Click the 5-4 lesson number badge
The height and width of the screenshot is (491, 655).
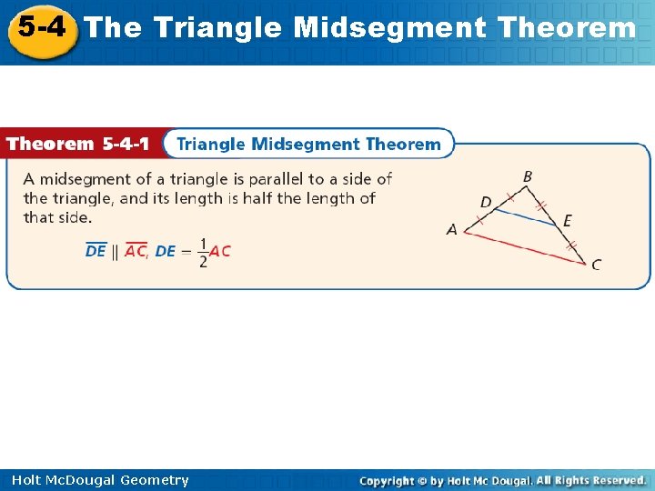41,28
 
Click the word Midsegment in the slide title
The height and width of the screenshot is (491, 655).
390,28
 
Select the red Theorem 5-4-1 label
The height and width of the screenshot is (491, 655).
78,144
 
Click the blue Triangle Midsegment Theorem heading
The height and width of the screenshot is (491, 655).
308,144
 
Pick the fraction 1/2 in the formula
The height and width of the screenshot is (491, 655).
202,252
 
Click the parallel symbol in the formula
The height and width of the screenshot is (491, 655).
115,252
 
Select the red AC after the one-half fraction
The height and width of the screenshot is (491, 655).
220,252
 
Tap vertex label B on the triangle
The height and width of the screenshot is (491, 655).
528,176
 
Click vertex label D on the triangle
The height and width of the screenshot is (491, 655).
485,201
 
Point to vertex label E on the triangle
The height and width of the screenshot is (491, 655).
567,221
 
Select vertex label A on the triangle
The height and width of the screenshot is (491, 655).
452,230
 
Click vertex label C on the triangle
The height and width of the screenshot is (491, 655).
596,265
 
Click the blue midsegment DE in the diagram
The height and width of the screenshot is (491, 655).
525,215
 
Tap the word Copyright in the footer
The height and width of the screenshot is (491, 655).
387,480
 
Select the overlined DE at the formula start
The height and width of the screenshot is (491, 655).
96,252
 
